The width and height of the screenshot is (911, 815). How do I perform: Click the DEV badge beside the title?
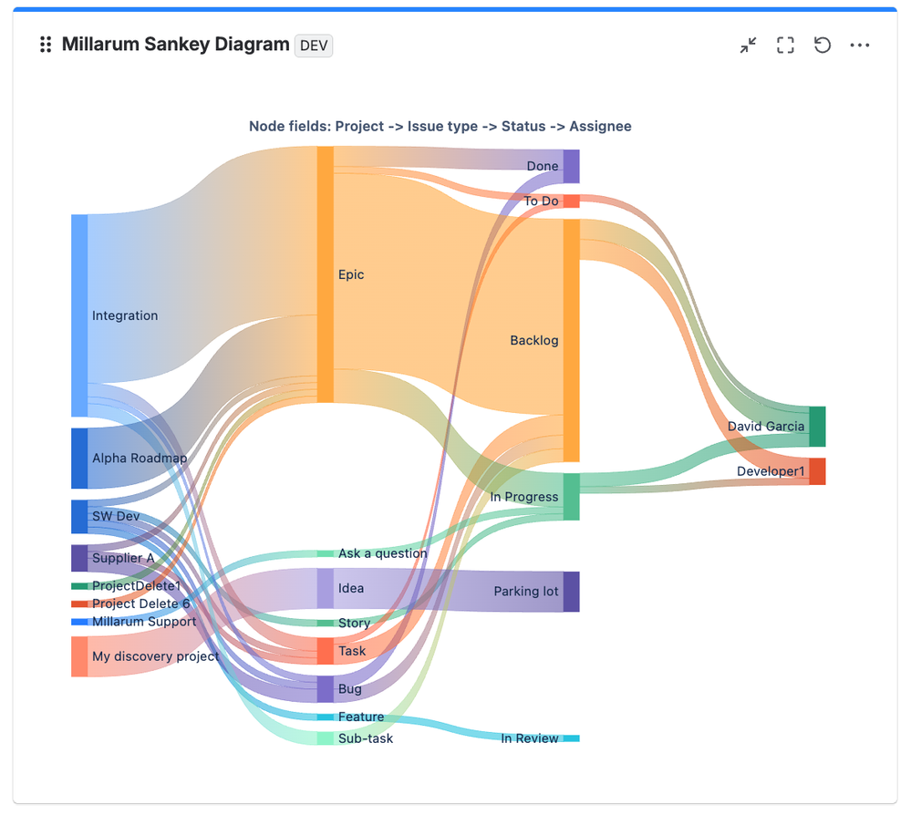pos(313,46)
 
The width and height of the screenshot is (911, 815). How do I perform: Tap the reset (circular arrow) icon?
pos(823,45)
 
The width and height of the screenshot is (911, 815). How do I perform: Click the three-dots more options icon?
pos(859,45)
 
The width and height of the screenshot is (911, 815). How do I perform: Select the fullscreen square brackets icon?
pos(785,45)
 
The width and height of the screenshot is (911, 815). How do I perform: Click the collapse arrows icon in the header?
pos(749,45)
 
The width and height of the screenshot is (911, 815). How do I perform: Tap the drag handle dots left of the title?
pos(46,44)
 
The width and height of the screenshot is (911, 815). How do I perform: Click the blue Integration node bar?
pos(79,315)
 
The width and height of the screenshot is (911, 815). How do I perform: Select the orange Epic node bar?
pos(326,274)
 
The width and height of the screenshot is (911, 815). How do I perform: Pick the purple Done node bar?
pos(571,166)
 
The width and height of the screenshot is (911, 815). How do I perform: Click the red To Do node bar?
pos(571,201)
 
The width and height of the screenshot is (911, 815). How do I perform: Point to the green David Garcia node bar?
pos(817,427)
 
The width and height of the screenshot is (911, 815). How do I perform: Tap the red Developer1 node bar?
pos(817,471)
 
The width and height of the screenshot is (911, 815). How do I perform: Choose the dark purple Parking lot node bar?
pos(571,592)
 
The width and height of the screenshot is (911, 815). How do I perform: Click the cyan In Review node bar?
pos(571,738)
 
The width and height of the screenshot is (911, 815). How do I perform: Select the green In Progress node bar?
pos(571,497)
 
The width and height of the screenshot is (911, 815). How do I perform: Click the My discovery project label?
pos(155,656)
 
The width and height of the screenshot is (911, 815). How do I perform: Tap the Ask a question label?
pos(382,553)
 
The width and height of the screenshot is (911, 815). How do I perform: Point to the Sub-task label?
pos(366,738)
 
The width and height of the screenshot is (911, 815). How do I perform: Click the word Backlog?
pos(534,340)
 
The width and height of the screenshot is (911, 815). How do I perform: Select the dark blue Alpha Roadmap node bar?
pos(79,459)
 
